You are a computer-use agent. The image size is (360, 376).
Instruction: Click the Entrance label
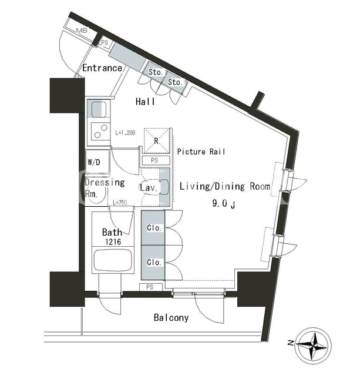click(102, 68)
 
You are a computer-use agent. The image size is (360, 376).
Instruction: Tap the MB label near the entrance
click(82, 31)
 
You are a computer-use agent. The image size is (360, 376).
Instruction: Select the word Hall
click(145, 102)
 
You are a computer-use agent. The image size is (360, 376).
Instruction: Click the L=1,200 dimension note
click(125, 133)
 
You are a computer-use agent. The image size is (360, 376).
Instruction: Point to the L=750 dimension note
click(120, 203)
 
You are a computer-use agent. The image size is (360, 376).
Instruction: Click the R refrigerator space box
click(157, 141)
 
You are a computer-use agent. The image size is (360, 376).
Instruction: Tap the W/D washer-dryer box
click(98, 162)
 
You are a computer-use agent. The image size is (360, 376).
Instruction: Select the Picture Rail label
click(201, 152)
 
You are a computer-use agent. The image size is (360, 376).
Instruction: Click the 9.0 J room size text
click(223, 204)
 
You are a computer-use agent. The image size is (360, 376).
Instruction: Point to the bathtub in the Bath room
click(113, 260)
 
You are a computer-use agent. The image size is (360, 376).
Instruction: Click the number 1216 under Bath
click(113, 241)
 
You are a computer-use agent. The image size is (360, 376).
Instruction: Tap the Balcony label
click(171, 318)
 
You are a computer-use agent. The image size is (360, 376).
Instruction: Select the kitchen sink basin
click(99, 109)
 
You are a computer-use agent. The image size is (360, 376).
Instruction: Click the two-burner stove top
click(99, 131)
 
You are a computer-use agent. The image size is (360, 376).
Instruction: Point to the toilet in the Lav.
click(164, 186)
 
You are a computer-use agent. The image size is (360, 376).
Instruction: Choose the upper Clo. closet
click(153, 228)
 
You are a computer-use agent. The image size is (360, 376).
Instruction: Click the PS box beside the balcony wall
click(151, 287)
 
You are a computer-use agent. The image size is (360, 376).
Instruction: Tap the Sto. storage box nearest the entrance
click(156, 72)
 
